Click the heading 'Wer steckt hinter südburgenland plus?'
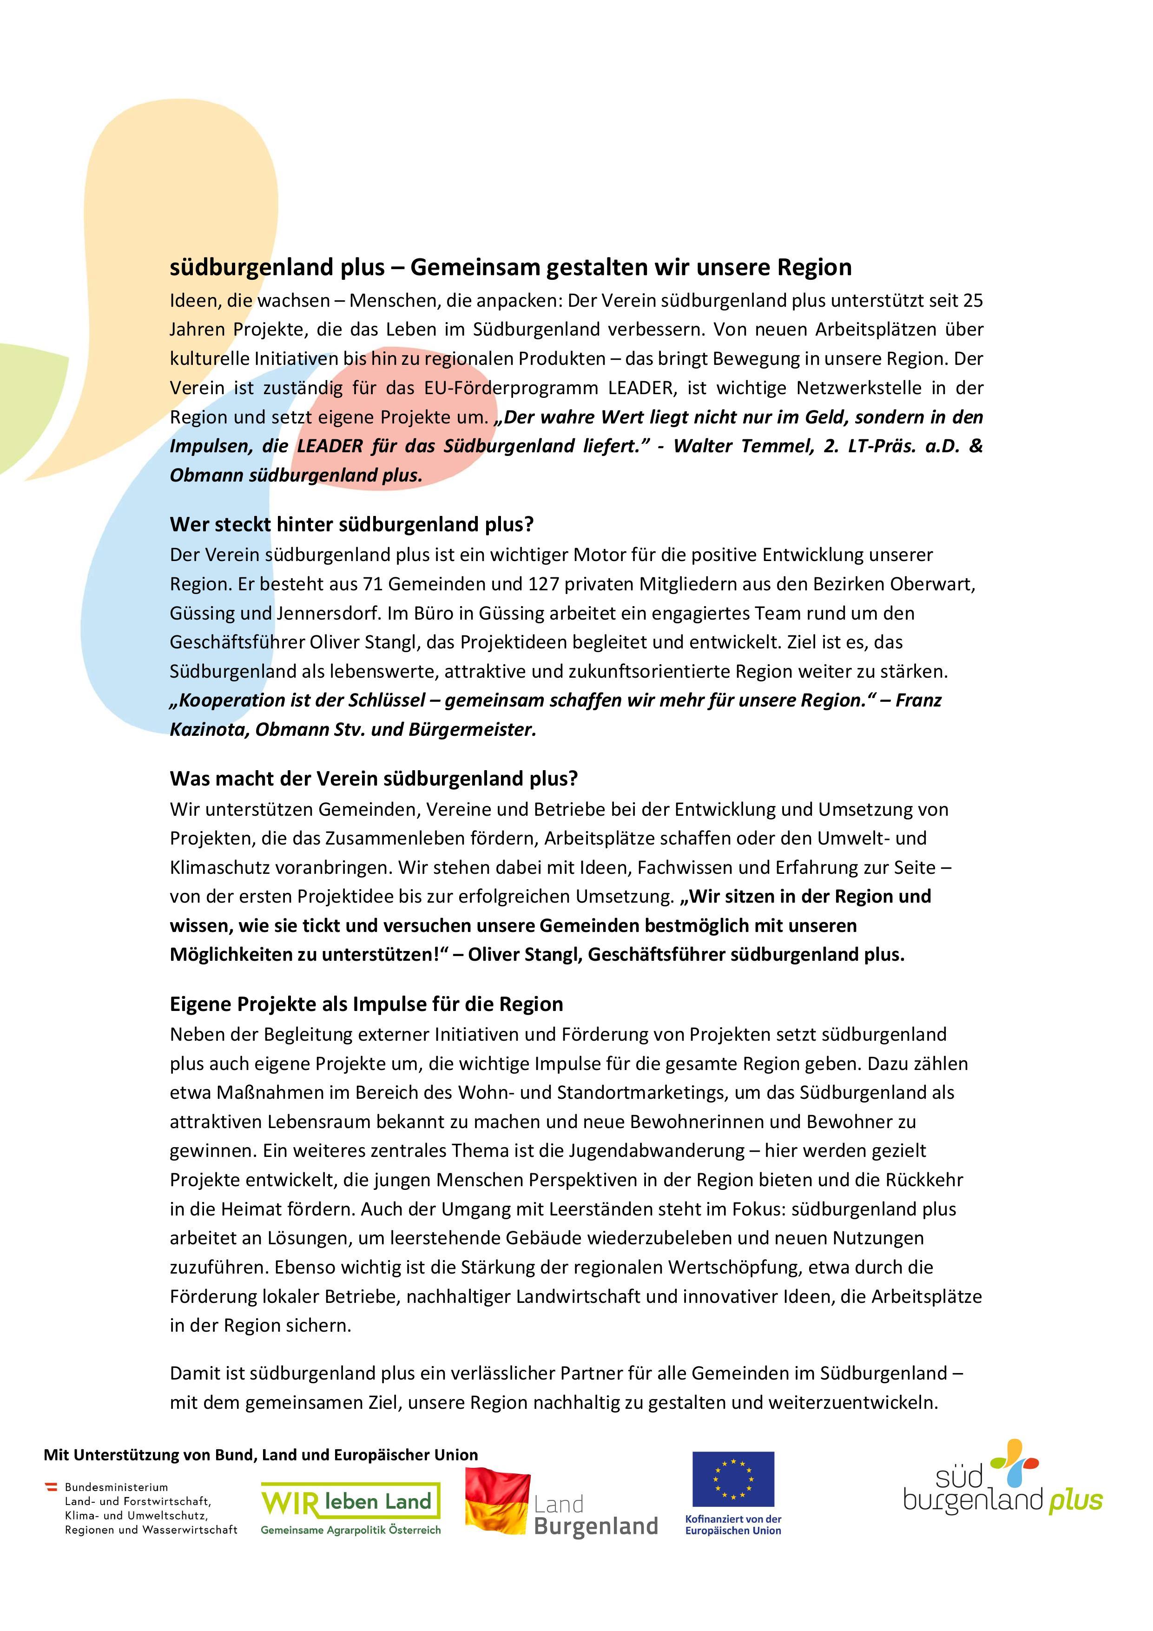(x=351, y=525)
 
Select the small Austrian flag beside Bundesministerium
(x=52, y=1486)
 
